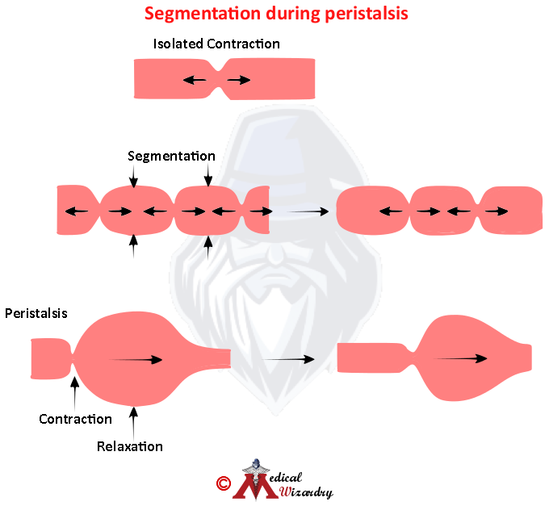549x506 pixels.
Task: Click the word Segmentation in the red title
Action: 203,15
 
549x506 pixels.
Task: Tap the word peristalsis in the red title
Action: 367,15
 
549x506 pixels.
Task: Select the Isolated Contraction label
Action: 216,44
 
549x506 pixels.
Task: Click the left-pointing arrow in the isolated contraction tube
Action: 195,81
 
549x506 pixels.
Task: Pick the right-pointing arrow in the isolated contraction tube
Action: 239,81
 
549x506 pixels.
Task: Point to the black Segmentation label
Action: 171,156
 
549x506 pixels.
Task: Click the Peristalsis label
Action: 36,313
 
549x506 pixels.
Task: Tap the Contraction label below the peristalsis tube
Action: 75,419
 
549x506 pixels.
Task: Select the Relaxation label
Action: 129,446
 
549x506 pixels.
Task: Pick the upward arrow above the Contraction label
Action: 74,393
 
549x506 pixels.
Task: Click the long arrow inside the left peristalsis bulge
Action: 136,360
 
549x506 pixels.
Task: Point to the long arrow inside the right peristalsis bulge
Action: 460,358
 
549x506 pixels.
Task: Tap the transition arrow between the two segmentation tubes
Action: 308,211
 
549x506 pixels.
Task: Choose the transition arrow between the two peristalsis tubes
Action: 288,359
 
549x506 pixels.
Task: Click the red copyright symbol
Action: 224,483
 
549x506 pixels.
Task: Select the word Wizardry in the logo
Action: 306,492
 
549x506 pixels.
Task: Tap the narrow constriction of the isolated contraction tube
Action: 219,79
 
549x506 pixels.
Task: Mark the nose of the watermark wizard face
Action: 276,254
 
